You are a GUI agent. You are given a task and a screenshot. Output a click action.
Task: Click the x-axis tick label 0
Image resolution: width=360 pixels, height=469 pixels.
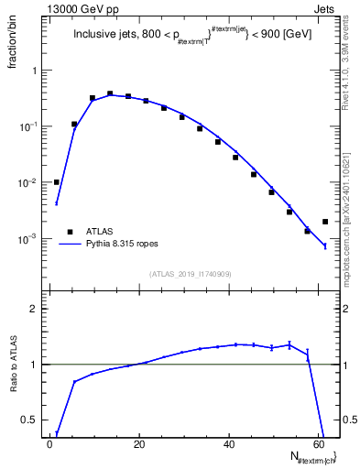click(50, 444)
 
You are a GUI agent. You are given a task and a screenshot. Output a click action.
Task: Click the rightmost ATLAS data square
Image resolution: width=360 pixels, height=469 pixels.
click(325, 222)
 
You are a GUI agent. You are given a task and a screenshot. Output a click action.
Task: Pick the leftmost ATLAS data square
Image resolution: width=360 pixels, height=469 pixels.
click(57, 182)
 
